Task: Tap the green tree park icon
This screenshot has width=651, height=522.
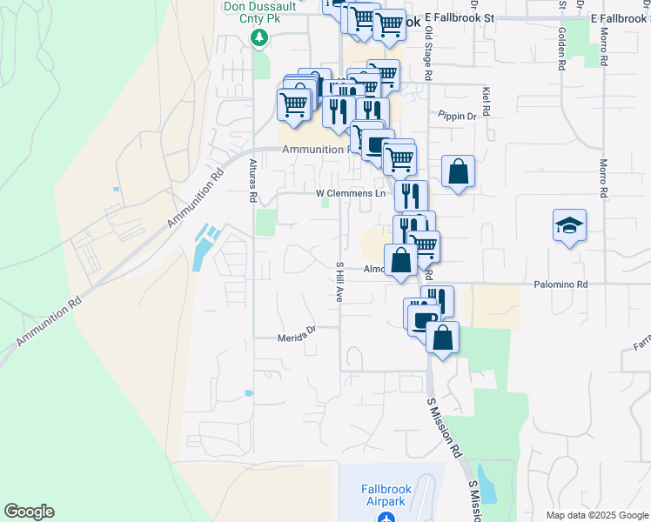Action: click(x=258, y=37)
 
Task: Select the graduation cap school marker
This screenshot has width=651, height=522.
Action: click(x=569, y=226)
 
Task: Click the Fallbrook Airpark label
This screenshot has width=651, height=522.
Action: click(x=386, y=495)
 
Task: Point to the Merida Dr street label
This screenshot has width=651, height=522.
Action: click(x=295, y=338)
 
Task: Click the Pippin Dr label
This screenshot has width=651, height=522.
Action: click(x=458, y=116)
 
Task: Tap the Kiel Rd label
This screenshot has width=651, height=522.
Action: click(x=486, y=101)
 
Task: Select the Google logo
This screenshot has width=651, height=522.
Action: click(x=29, y=512)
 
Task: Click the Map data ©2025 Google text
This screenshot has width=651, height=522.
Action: click(x=596, y=515)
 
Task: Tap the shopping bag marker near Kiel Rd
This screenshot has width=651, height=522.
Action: click(x=458, y=171)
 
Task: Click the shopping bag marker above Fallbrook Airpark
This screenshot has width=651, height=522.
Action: click(x=442, y=338)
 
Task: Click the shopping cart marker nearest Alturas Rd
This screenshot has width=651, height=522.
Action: click(x=293, y=104)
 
